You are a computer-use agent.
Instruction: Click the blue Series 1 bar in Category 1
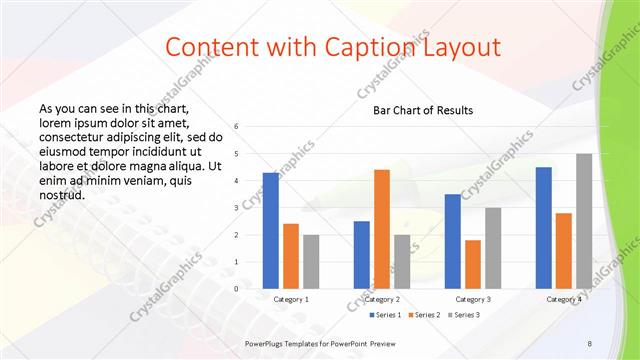tap(270, 231)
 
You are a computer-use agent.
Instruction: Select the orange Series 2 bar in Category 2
tap(382, 229)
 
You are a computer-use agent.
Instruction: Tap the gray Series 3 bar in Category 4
tap(584, 221)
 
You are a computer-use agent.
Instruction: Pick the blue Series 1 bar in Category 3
tap(453, 241)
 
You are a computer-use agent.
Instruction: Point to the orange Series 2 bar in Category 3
tap(473, 264)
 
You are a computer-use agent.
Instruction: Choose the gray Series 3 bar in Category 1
tap(312, 261)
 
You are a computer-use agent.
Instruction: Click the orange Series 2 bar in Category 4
tap(564, 250)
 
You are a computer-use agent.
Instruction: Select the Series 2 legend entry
tap(427, 315)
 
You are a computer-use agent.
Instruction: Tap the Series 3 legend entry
tap(466, 315)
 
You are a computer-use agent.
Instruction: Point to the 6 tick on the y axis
tap(236, 126)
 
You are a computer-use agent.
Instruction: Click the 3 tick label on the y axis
tap(236, 207)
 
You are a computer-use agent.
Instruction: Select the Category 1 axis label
tap(291, 299)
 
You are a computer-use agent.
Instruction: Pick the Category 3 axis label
tap(473, 299)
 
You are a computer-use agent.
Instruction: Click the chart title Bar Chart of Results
tap(423, 110)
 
